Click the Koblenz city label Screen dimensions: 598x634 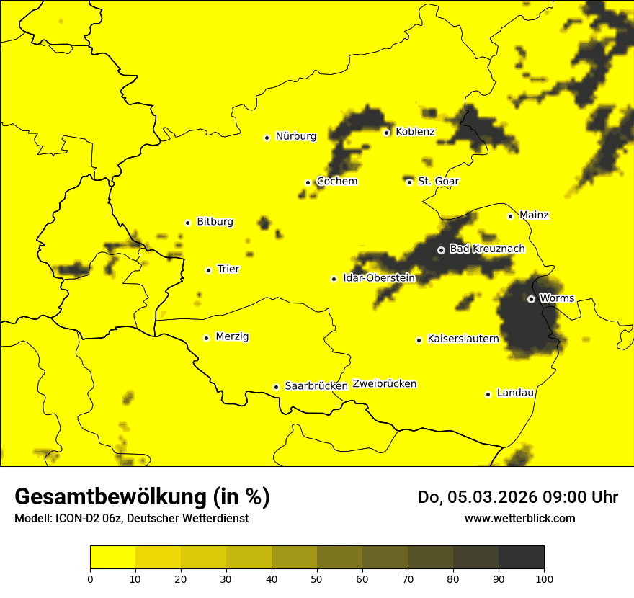tap(415, 132)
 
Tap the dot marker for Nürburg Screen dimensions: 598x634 tap(267, 138)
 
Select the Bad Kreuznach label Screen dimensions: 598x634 tap(487, 249)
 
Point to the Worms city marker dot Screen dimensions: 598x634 tap(531, 299)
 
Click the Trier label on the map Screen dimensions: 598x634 tap(228, 269)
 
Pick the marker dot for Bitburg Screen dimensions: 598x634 tap(187, 223)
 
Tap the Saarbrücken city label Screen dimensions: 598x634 tap(316, 385)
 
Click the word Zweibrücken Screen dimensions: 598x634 tap(384, 384)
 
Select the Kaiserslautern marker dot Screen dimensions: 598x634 tap(419, 340)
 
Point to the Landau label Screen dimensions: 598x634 tap(515, 393)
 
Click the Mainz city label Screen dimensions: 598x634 tap(534, 215)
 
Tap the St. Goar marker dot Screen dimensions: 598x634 tap(409, 182)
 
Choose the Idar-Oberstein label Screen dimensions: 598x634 tap(379, 277)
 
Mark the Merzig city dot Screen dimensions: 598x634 tap(206, 338)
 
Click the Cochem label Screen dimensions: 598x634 tap(337, 181)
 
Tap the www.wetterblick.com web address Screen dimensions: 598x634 tap(519, 518)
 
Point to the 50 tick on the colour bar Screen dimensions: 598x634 tap(317, 579)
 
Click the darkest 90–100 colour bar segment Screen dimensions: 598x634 tap(521, 558)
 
